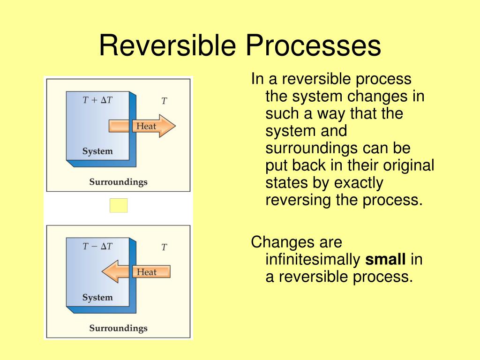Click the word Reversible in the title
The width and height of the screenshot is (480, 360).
coord(167,46)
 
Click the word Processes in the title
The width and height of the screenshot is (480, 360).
coord(311,46)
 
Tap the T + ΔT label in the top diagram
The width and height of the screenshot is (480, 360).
coord(97,100)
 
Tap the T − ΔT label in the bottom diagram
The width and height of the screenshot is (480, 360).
coord(97,246)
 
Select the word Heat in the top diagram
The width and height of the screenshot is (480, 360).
coord(146,126)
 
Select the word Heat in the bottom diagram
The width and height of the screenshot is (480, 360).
coord(146,272)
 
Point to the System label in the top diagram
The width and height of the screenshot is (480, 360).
coord(97,151)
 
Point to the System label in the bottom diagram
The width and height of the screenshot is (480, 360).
coord(97,298)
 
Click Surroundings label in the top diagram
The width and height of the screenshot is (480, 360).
coord(118,182)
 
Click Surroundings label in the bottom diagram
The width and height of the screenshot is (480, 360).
coord(118,328)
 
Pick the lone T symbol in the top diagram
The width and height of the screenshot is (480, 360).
coord(164,101)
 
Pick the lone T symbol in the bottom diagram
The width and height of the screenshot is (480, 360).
coord(164,247)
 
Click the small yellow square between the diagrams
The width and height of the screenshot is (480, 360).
coord(119,205)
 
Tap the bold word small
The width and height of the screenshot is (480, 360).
coord(385,260)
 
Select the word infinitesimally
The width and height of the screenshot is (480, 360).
coord(313,260)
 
